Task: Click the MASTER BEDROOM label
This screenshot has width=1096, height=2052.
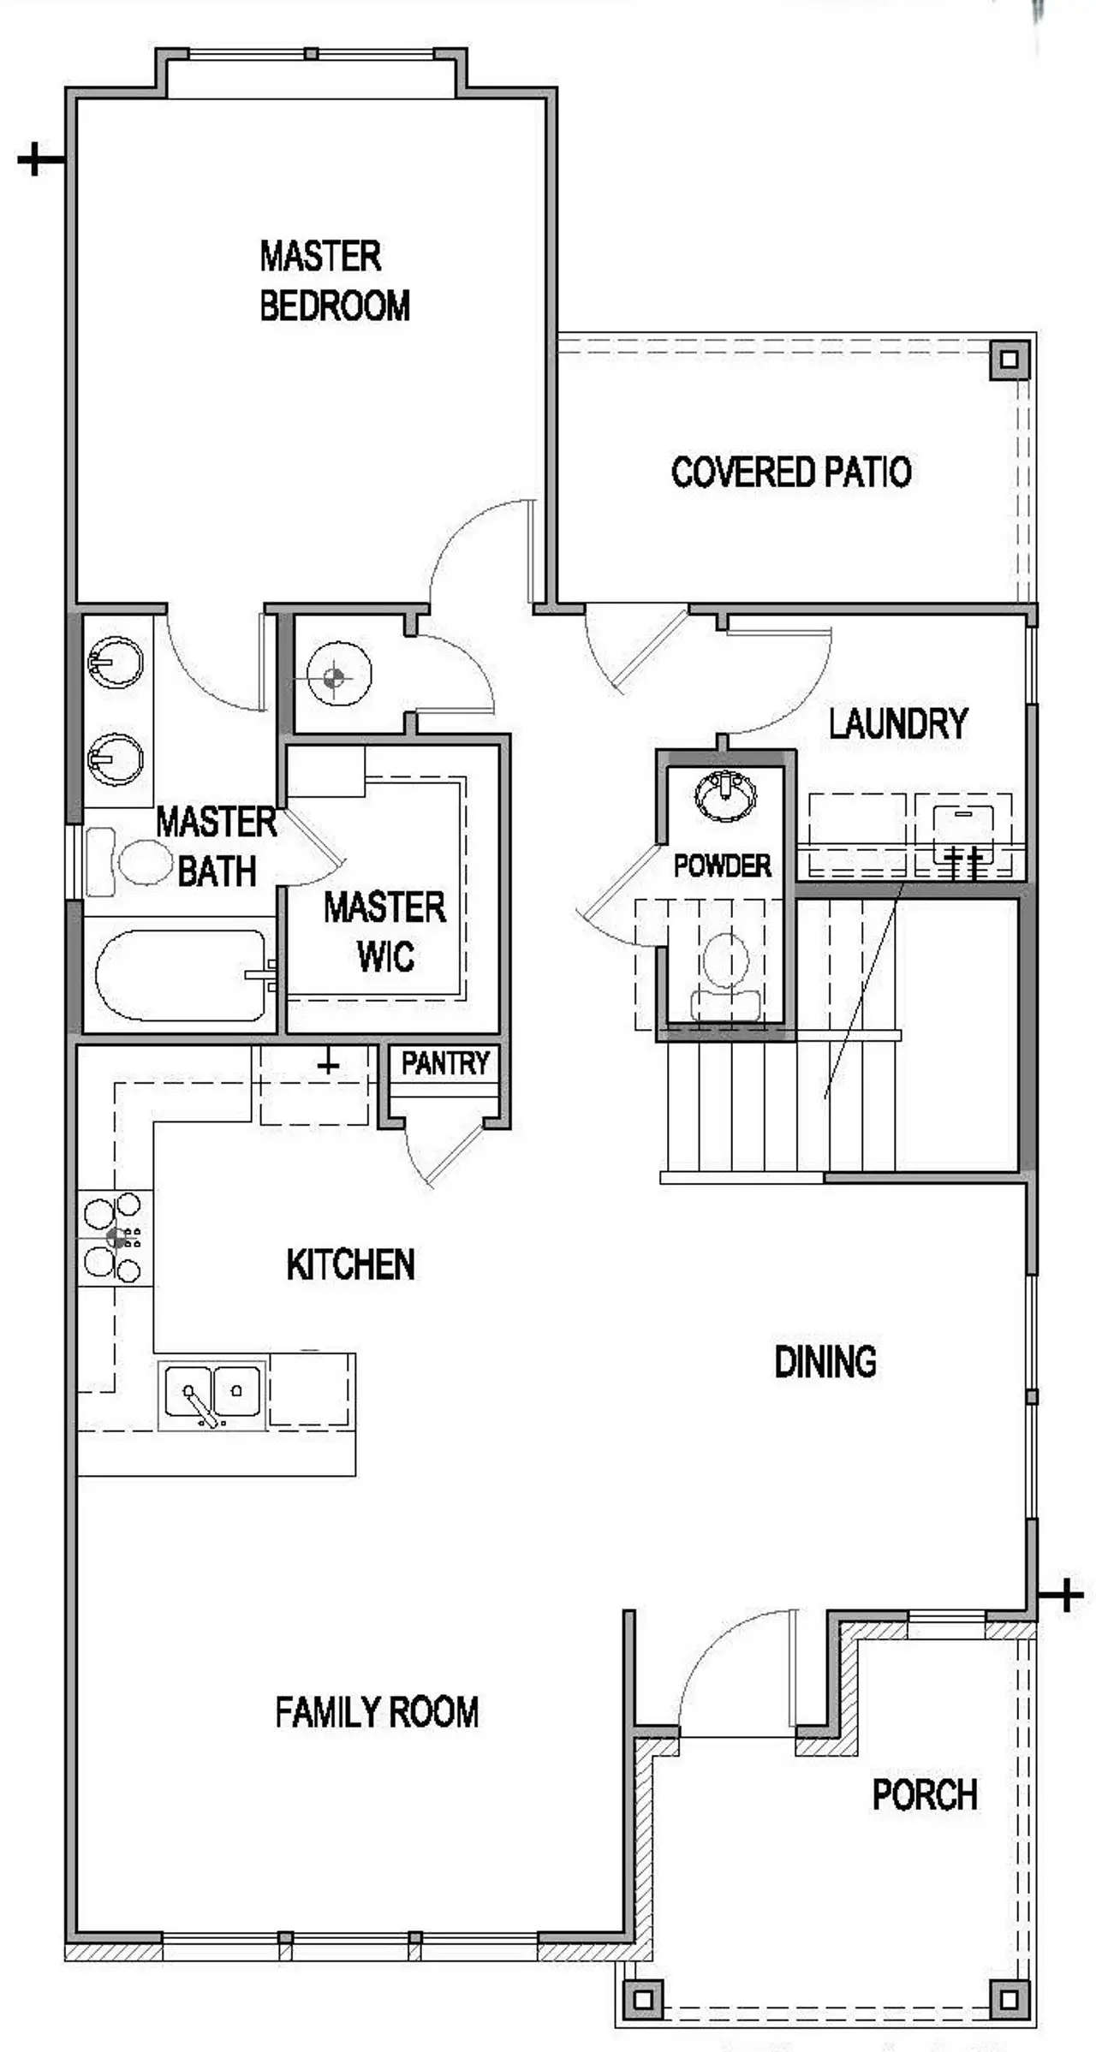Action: coord(334,281)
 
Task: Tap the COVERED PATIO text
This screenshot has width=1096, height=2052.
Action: coord(790,472)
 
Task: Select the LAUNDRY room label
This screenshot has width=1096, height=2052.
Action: coord(897,723)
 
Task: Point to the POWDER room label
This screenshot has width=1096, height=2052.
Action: coord(722,865)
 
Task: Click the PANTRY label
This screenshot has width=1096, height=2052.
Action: coord(444,1063)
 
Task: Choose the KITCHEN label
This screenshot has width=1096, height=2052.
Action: coord(350,1264)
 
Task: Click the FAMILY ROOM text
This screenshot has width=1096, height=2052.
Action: coord(376,1711)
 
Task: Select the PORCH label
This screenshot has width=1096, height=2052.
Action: coord(924,1794)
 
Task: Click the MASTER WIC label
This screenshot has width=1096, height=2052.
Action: coord(384,931)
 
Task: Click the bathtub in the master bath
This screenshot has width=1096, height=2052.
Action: coord(180,975)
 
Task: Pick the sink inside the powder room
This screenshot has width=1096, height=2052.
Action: coord(725,795)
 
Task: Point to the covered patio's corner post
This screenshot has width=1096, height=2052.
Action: coord(1009,360)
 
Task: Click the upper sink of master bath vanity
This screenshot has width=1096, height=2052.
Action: coord(115,662)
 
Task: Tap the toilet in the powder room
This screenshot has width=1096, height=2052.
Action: coord(725,973)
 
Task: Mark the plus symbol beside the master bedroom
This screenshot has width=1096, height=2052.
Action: coord(39,159)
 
